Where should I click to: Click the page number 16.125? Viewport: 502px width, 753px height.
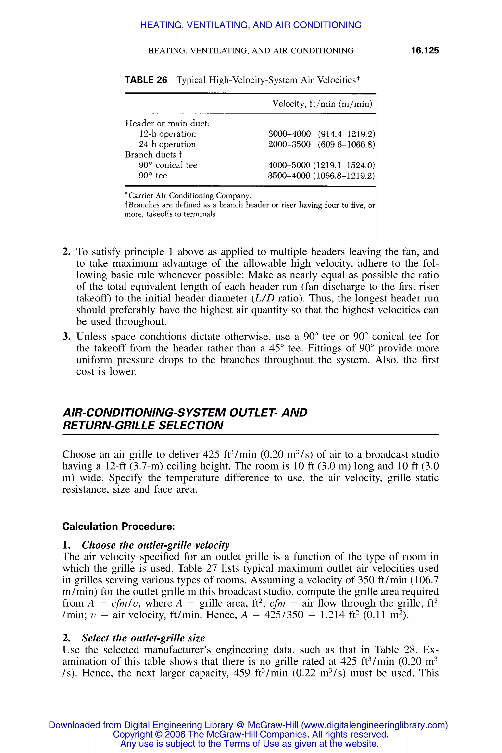425,50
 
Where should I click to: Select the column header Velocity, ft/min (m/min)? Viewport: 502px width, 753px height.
322,104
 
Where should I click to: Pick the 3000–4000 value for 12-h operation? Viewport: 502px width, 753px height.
289,134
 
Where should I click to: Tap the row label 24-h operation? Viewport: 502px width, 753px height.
167,144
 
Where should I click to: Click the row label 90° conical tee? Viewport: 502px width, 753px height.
168,165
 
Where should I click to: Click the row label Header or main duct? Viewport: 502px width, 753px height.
167,123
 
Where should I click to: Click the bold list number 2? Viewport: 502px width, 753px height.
66,252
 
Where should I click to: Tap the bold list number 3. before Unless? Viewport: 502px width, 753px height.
66,337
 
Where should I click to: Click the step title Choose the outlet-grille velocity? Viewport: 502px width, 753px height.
156,545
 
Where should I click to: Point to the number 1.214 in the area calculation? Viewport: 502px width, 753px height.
332,615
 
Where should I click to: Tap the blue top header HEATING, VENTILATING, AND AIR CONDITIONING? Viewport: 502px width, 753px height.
251,25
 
